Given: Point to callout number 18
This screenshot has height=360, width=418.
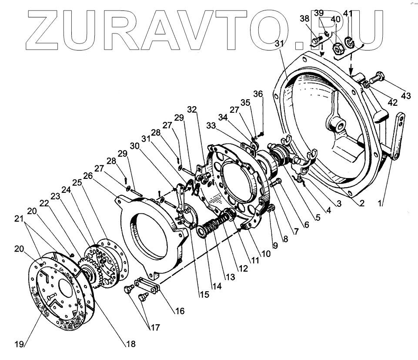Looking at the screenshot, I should click(130, 344).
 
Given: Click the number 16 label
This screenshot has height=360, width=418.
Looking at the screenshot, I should click(180, 311).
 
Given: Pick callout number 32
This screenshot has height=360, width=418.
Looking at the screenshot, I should click(193, 109).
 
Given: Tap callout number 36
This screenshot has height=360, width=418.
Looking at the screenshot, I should click(258, 94).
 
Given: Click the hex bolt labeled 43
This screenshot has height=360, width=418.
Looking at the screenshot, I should click(379, 77).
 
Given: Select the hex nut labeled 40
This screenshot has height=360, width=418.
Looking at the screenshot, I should click(337, 48).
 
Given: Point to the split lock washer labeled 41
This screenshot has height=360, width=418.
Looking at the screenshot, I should click(349, 42).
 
